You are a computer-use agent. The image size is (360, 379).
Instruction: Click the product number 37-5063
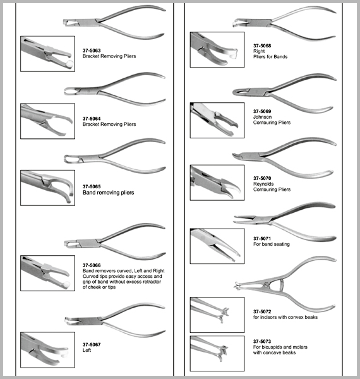[x=92, y=51]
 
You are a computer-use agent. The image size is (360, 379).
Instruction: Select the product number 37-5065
[x=92, y=186]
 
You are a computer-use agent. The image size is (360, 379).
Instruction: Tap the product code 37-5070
[x=262, y=178]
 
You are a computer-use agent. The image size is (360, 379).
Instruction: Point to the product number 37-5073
[x=262, y=341]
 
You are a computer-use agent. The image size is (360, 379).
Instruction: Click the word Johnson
[x=262, y=117]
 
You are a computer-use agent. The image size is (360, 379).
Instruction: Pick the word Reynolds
[x=263, y=184]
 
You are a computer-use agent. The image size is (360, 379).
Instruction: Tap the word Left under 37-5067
[x=87, y=350]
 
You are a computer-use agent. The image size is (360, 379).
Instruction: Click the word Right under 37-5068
[x=259, y=51]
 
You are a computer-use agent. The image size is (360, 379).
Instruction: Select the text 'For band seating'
[x=272, y=244]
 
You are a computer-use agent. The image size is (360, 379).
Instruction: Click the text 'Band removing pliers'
[x=108, y=193]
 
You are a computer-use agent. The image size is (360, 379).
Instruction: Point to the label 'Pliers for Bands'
[x=270, y=57]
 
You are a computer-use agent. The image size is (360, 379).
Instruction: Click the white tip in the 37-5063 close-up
[x=69, y=64]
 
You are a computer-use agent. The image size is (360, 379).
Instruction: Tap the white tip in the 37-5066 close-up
[x=66, y=284]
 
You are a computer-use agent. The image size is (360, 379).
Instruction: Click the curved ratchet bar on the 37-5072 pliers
[x=280, y=286]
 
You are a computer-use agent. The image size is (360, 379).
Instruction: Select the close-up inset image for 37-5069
[x=217, y=121]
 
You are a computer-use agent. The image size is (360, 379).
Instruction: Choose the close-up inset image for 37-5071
[x=217, y=246]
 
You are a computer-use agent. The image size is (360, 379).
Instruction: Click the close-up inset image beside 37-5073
[x=217, y=353]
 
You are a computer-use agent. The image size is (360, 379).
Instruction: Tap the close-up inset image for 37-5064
[x=47, y=121]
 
